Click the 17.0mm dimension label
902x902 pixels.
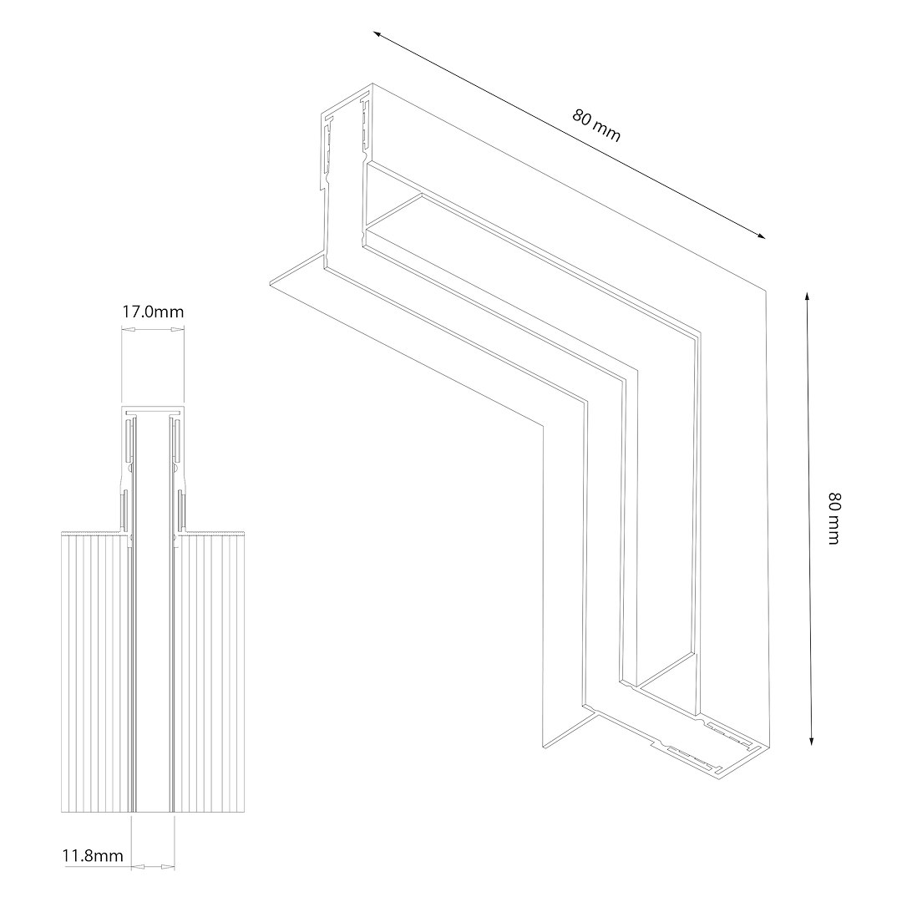[153, 312]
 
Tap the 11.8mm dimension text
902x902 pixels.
[93, 855]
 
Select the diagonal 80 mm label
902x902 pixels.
[596, 125]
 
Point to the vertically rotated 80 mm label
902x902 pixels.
[834, 518]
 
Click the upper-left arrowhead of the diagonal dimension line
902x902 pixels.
[378, 34]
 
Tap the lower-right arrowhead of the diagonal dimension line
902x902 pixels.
[760, 234]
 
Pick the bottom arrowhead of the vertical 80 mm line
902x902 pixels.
[811, 740]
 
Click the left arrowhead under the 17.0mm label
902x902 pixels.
[128, 330]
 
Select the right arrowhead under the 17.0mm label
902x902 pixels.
[177, 330]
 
